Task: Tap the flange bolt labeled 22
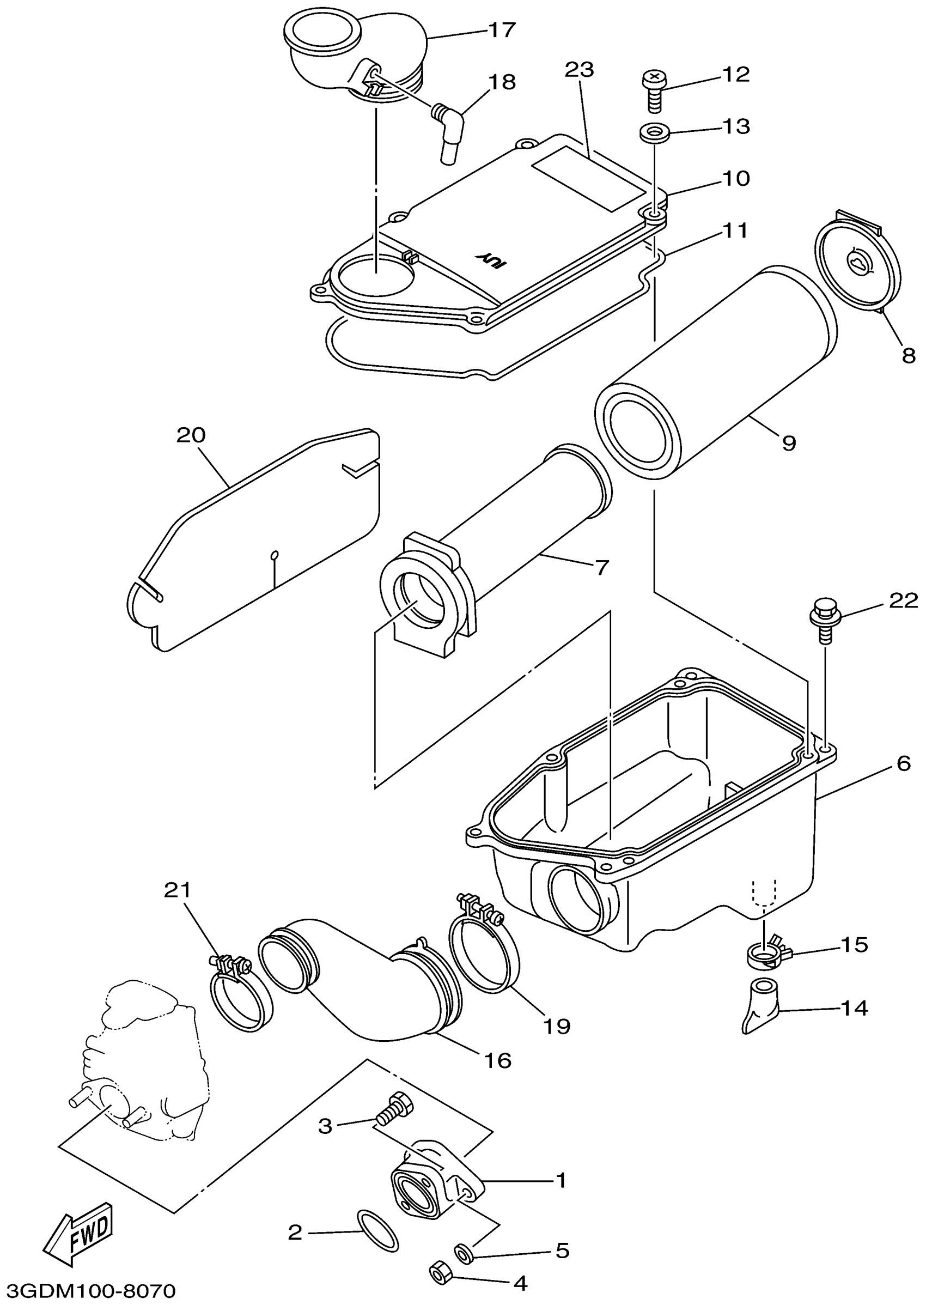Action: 824,619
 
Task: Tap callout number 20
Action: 191,435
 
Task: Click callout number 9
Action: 788,442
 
